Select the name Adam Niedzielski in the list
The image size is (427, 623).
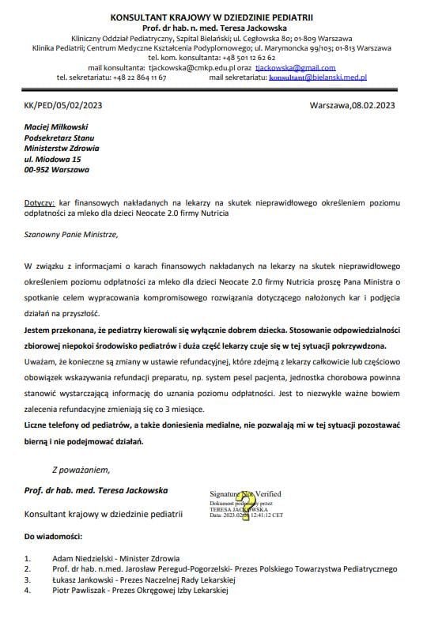point(81,558)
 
